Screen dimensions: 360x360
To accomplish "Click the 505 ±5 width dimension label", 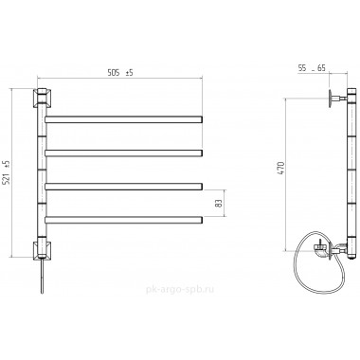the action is coord(120,73).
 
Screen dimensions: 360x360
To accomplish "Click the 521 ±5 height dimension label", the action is coord(8,172).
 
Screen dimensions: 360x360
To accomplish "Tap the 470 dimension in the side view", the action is coord(282,169).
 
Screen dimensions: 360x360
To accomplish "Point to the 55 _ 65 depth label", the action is coord(312,68).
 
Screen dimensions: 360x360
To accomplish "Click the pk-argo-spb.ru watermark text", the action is coord(180,290).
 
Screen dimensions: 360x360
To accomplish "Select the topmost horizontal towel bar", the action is coord(123,119).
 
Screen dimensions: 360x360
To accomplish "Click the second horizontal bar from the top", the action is coord(123,153).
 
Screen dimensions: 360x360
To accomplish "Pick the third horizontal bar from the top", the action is coord(123,187).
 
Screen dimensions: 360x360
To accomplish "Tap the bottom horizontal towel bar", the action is coord(123,220).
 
